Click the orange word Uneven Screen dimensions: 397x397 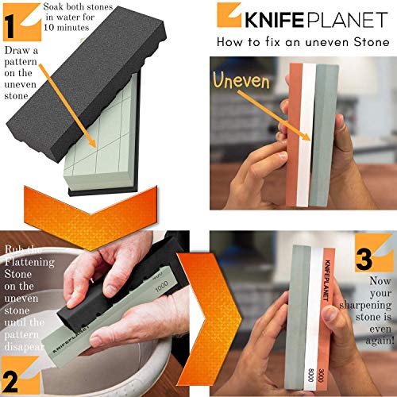click(247, 79)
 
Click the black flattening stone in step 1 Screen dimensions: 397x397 click(87, 79)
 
